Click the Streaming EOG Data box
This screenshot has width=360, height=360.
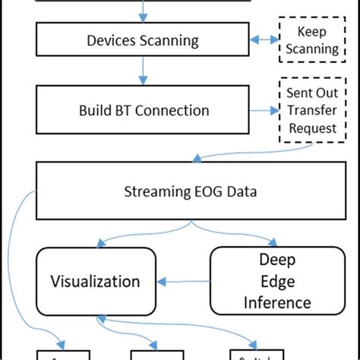pyautogui.click(x=190, y=191)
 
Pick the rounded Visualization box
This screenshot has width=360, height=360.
pyautogui.click(x=96, y=281)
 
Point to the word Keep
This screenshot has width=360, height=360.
pyautogui.click(x=311, y=32)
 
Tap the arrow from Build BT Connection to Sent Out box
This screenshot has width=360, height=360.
pyautogui.click(x=262, y=110)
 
